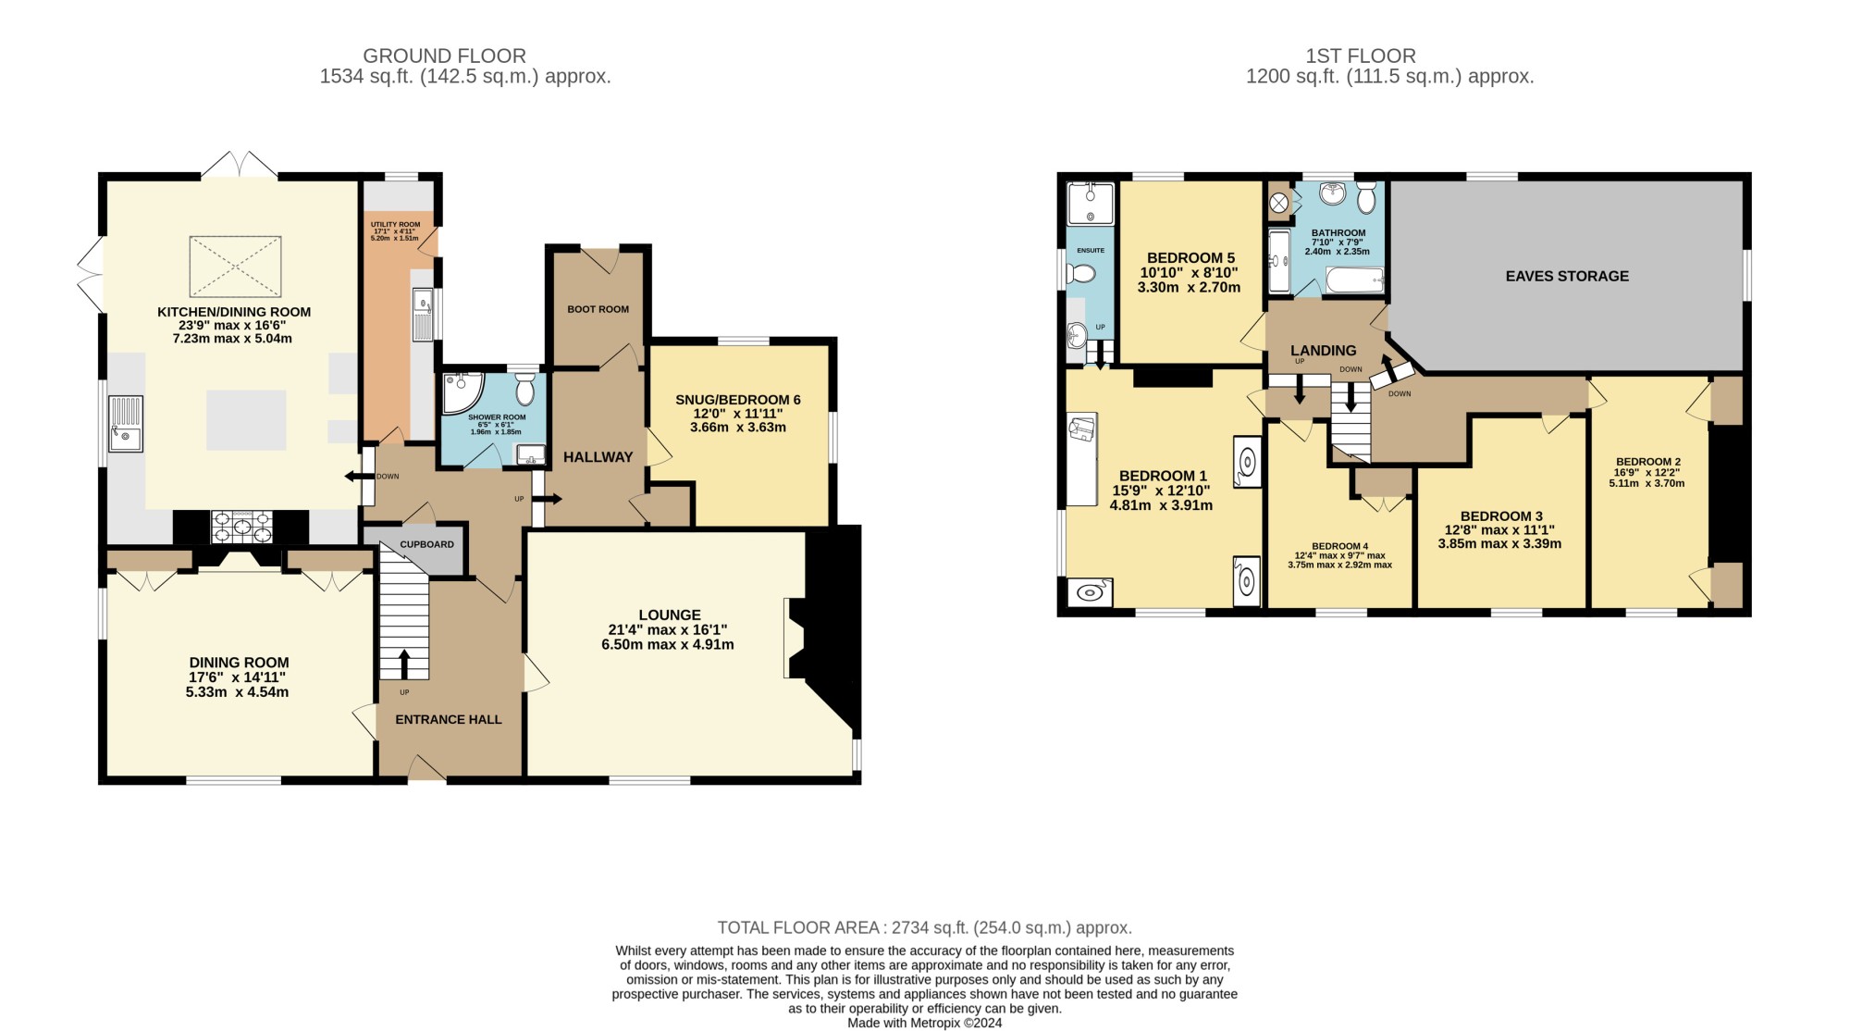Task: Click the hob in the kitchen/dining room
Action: point(242,527)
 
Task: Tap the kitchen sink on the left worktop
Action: point(125,423)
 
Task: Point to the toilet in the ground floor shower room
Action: point(524,389)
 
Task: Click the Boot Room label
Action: point(598,309)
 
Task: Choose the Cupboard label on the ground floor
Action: point(427,544)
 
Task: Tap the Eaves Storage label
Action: point(1567,276)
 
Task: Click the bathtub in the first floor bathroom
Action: point(1354,279)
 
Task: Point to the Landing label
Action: point(1324,351)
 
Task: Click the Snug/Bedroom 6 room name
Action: point(738,400)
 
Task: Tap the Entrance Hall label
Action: point(449,719)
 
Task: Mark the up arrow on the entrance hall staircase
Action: point(404,665)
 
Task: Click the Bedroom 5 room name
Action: point(1190,258)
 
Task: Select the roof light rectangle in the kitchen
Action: point(236,267)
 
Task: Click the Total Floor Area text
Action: point(925,927)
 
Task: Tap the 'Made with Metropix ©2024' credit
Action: point(925,1023)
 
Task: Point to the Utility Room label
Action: point(395,225)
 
